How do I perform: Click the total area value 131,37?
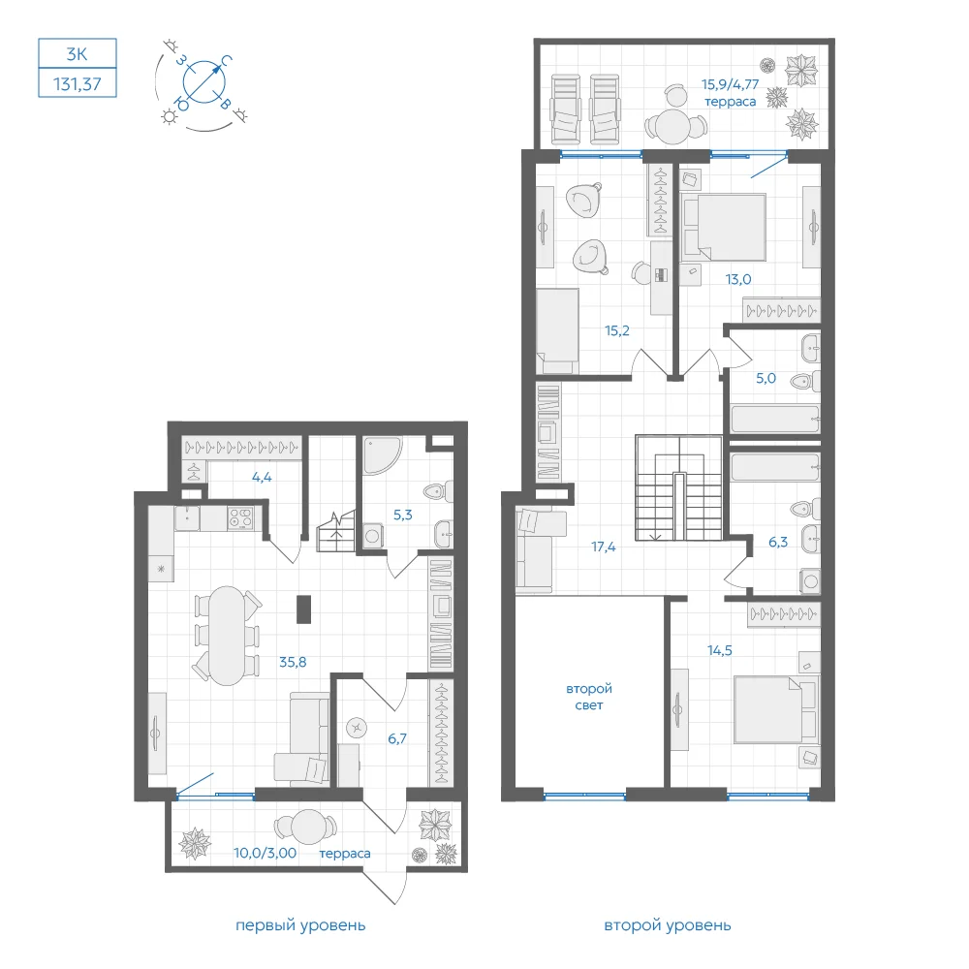(x=78, y=83)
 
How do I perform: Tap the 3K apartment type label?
(x=78, y=53)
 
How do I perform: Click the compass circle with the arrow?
(x=203, y=81)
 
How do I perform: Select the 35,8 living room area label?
(x=293, y=662)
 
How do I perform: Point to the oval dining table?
(x=227, y=636)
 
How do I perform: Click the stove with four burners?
(x=240, y=517)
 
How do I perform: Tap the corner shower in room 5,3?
(x=381, y=455)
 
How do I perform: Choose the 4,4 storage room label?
(x=262, y=477)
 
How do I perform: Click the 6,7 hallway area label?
(x=396, y=738)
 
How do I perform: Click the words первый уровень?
(x=300, y=925)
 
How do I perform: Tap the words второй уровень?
(x=668, y=925)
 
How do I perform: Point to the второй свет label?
(x=589, y=697)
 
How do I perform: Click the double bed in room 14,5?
(x=775, y=709)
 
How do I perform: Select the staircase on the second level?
(x=678, y=487)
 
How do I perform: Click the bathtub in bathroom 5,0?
(x=775, y=419)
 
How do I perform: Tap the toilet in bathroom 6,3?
(x=804, y=509)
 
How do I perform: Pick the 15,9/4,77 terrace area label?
(x=730, y=84)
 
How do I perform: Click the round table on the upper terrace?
(x=672, y=127)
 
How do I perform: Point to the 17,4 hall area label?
(x=603, y=547)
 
